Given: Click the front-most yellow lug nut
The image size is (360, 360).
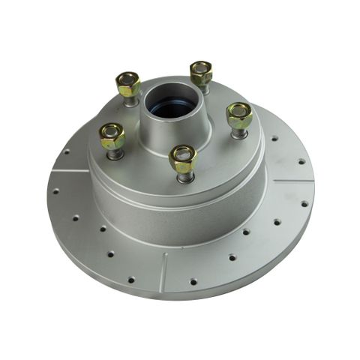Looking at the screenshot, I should click(x=183, y=158).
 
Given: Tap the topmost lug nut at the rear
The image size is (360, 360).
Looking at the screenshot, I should click(x=201, y=73).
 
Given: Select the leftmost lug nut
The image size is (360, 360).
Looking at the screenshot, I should click(x=112, y=136).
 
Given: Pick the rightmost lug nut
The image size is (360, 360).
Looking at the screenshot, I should click(x=239, y=115).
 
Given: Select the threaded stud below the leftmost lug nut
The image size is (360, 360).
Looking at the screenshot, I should click(x=114, y=154).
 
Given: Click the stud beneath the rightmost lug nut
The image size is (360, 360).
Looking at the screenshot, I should click(x=238, y=133).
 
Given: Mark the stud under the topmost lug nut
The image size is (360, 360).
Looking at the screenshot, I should click(x=201, y=88).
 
